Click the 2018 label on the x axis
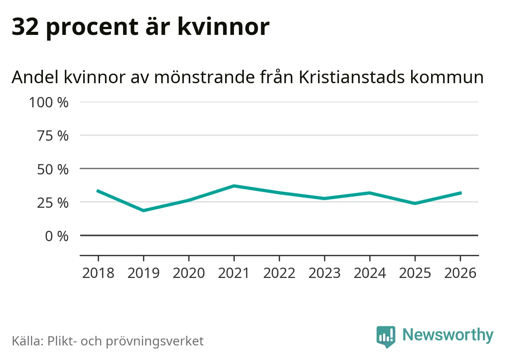click(98, 273)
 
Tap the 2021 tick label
click(234, 273)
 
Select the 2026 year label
click(460, 273)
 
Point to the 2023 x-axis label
click(324, 273)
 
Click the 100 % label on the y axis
click(49, 102)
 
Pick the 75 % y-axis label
click(53, 136)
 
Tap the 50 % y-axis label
click(53, 169)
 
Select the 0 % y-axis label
click(57, 236)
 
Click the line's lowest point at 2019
click(143, 210)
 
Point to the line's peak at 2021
click(234, 186)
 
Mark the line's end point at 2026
click(460, 192)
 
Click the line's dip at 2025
click(415, 203)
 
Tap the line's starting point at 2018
click(98, 191)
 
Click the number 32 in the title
click(25, 26)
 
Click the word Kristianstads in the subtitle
click(351, 77)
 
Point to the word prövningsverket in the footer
click(155, 341)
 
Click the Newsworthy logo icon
click(385, 336)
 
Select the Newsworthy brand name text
click(448, 335)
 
